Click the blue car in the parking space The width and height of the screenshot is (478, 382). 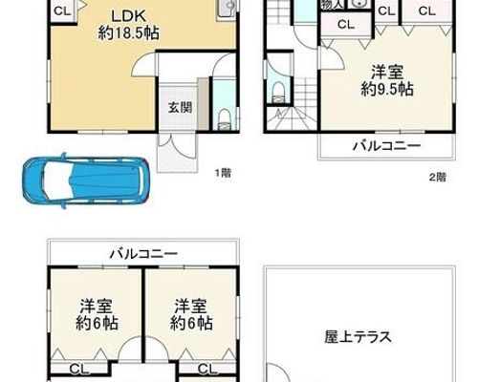(x=86, y=180)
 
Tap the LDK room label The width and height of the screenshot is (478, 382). (x=128, y=15)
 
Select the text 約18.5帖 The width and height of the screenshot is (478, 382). (x=128, y=32)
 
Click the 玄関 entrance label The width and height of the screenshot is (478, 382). (x=180, y=108)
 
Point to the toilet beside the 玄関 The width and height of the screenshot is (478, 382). (x=225, y=120)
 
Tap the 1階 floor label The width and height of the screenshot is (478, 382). (x=223, y=174)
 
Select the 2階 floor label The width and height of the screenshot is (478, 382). (x=438, y=177)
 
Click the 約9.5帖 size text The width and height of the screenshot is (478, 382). (x=387, y=90)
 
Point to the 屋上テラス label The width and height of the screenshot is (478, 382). (x=358, y=336)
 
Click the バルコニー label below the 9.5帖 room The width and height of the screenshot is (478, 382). (x=386, y=146)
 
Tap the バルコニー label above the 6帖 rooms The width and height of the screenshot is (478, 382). (x=143, y=254)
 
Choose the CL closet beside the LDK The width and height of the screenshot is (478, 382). (x=62, y=11)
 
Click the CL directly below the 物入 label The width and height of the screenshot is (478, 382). (x=346, y=24)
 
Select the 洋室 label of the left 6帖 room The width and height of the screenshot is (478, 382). (x=96, y=306)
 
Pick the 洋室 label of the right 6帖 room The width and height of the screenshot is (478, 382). (x=191, y=306)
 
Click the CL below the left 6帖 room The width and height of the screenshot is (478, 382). (x=78, y=370)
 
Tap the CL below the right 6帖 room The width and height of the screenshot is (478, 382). (x=207, y=370)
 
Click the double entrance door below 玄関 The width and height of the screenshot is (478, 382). (x=177, y=145)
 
